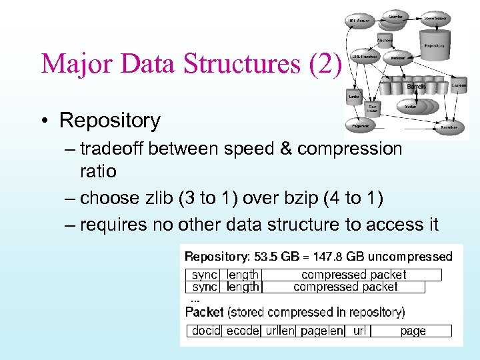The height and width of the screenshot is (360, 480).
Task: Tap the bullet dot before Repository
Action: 43,121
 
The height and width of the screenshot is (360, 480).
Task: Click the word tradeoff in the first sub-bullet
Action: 111,148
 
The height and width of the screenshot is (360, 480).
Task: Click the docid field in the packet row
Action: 206,331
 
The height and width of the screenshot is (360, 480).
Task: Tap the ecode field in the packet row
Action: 241,331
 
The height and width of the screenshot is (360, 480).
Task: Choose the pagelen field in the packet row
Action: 322,331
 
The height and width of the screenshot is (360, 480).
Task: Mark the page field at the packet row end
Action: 413,331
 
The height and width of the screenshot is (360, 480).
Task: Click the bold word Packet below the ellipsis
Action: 204,312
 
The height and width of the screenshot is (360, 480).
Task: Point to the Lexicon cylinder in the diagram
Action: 459,86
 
